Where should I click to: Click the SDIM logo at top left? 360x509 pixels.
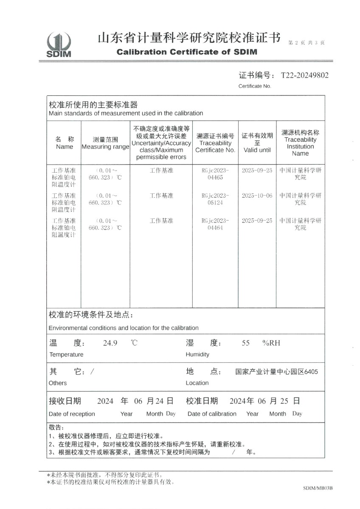click(59, 45)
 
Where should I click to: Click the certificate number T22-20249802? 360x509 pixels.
click(304, 76)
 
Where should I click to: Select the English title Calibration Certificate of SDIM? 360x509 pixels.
click(187, 52)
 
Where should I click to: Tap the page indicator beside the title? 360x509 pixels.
click(306, 43)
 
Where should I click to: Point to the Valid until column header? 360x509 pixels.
click(257, 143)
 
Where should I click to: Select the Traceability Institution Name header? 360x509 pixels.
click(300, 143)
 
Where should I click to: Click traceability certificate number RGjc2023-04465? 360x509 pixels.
click(215, 174)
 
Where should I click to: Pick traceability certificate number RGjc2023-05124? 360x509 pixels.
click(215, 199)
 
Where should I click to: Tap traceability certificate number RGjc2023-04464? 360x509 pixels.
click(215, 224)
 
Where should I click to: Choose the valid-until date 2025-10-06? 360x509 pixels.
click(257, 196)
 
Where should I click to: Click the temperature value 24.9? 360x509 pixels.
click(110, 343)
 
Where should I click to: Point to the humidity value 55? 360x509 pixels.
click(246, 343)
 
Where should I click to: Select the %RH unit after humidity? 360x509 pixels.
click(271, 343)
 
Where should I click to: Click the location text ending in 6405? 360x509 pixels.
click(276, 372)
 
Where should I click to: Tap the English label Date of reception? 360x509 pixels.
click(72, 414)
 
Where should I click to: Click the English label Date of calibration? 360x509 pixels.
click(212, 414)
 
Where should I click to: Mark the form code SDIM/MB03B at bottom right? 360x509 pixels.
click(318, 488)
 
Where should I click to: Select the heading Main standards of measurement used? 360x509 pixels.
click(126, 113)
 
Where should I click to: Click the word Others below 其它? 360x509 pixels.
click(58, 383)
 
